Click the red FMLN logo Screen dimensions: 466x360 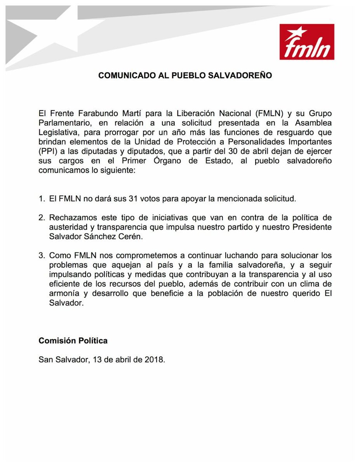tap(306, 42)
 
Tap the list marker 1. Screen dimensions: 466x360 tap(41, 199)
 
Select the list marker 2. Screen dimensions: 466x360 tap(41, 217)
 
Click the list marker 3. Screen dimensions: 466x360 tap(41, 256)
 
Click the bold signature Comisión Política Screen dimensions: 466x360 tap(73, 341)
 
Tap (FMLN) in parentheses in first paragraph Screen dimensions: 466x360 tap(269, 114)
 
